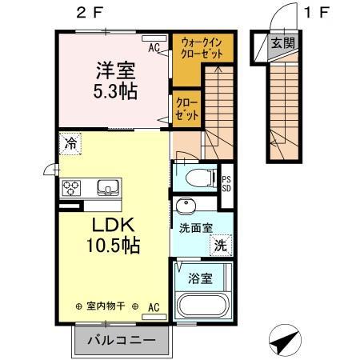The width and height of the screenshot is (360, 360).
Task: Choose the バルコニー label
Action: (x=123, y=339)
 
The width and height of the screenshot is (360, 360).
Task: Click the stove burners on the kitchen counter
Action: (x=70, y=189)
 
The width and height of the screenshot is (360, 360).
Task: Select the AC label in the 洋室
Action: (x=154, y=47)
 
